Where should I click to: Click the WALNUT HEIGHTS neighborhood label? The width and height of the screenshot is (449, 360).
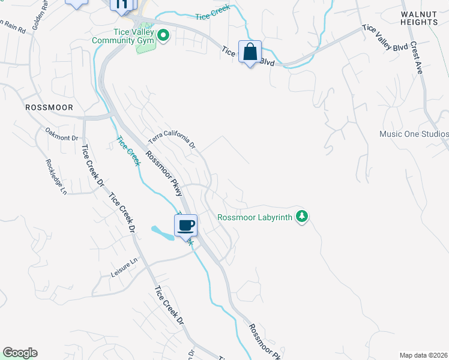(x=420, y=17)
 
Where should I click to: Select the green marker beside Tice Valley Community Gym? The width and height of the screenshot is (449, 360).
(x=163, y=36)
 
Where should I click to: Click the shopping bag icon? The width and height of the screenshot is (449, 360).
(x=250, y=52)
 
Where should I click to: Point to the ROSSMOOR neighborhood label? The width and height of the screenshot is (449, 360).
(x=49, y=107)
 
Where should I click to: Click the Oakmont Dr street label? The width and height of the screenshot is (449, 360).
(x=62, y=134)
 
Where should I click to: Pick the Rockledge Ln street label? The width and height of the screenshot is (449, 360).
(x=55, y=177)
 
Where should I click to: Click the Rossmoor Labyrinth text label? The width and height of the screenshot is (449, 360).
(x=255, y=218)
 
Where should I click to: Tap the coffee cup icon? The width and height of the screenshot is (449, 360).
(x=185, y=225)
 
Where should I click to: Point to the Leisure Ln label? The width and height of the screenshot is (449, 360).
(x=124, y=268)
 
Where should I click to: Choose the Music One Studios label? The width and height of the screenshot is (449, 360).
(x=414, y=134)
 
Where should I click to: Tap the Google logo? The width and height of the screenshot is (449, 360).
(x=20, y=353)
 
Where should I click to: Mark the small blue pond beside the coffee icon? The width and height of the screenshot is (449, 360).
(x=161, y=232)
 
